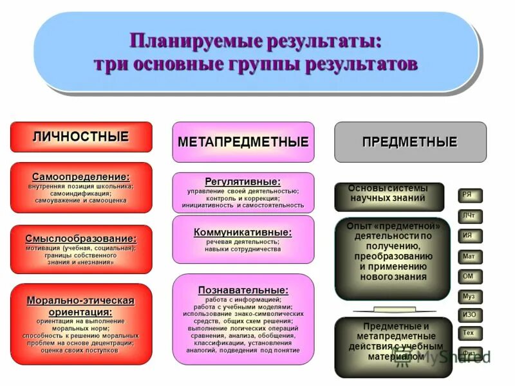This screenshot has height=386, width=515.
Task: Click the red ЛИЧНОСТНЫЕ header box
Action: [x=81, y=137]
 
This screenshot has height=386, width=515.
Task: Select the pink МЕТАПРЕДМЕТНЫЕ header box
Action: [x=243, y=142]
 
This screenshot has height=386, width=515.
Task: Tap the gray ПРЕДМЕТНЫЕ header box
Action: [x=409, y=142]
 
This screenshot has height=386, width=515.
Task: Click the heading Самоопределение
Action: [x=81, y=176]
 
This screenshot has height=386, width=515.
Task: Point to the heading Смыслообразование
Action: [x=81, y=238]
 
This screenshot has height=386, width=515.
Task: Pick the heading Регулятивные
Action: [x=243, y=181]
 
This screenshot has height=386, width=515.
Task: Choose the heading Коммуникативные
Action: [x=243, y=232]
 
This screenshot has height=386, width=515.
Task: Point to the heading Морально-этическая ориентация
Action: [x=81, y=306]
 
